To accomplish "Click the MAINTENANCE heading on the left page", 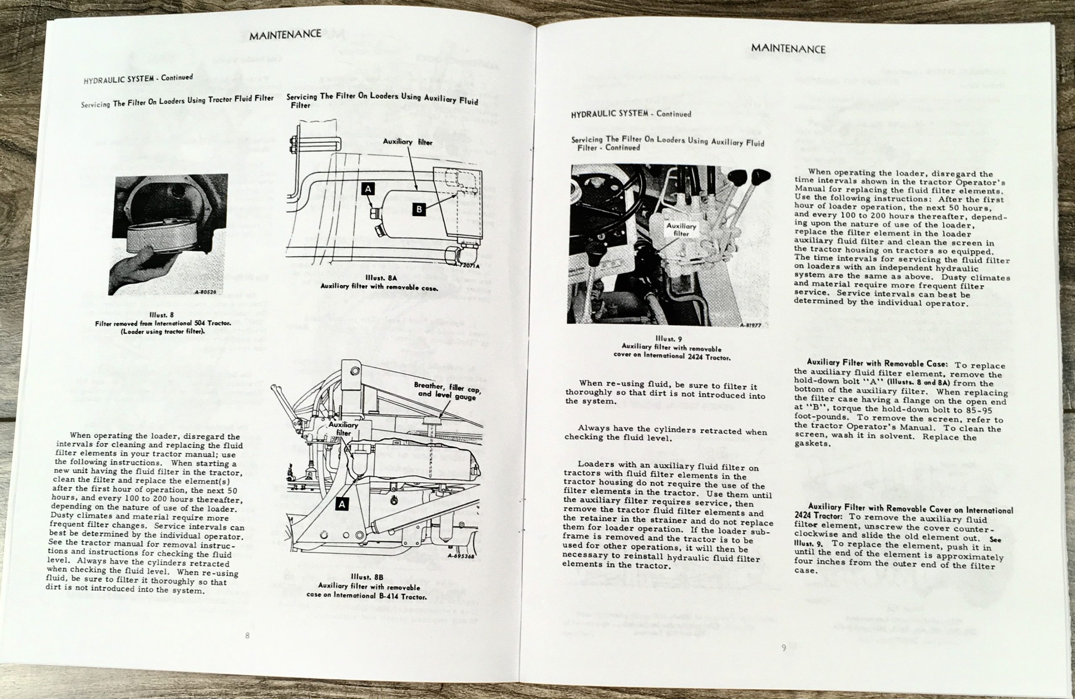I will coord(285,35).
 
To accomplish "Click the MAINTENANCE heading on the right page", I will coord(788,48).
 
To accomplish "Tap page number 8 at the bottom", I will coord(247,635).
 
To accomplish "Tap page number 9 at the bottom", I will coord(784,647).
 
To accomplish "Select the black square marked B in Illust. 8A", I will coord(419,209).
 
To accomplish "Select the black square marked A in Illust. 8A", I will coord(368,189).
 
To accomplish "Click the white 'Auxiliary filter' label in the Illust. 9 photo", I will coord(681,229).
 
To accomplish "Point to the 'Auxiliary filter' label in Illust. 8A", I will coord(407,142).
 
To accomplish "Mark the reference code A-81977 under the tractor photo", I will coord(751,325).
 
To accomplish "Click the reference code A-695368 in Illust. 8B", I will coord(461,556).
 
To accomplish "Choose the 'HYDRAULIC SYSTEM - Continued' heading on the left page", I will coord(138,79).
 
